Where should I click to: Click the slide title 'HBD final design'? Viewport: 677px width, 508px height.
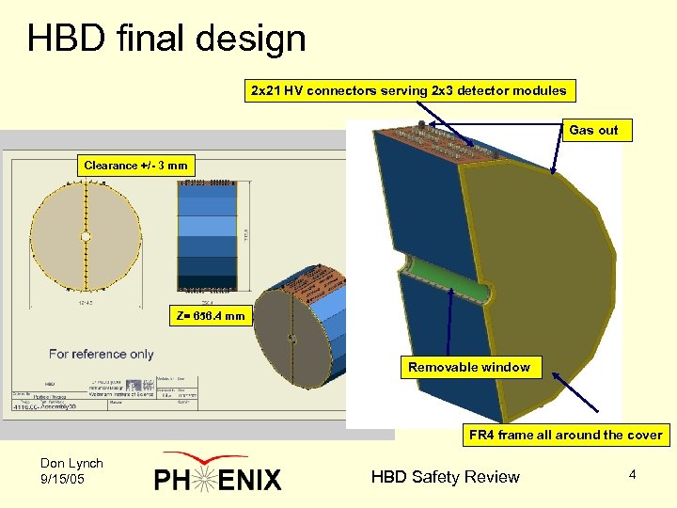click(166, 39)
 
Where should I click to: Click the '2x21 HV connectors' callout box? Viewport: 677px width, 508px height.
click(408, 91)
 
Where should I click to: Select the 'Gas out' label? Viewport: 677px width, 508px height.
click(593, 130)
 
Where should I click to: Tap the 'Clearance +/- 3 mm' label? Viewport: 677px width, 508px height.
click(135, 166)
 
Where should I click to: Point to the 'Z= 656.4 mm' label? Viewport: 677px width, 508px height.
click(210, 316)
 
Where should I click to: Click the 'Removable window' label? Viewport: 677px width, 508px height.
click(469, 367)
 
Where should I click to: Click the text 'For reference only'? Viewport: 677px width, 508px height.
click(102, 355)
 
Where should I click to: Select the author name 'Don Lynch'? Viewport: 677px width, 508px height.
click(71, 463)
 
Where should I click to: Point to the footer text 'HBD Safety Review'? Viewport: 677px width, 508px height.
click(445, 477)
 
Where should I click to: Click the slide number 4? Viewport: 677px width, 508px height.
click(632, 475)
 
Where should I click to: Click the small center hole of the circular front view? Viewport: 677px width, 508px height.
click(86, 236)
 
